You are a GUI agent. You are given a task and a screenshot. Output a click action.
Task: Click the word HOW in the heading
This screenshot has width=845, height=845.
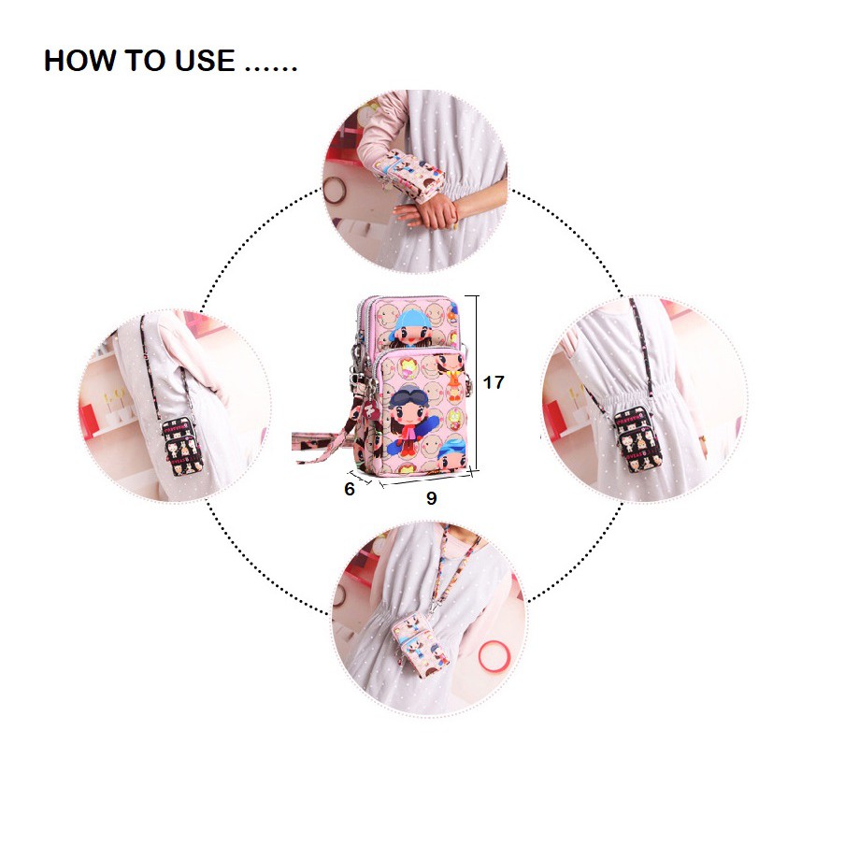80,61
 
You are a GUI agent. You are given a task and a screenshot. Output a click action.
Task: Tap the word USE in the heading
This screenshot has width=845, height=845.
205,61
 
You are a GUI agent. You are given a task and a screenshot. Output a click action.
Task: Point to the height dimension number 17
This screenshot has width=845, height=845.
494,382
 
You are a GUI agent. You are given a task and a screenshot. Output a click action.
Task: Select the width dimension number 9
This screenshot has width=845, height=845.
431,498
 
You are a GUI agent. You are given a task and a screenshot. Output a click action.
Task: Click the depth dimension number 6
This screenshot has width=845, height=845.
350,489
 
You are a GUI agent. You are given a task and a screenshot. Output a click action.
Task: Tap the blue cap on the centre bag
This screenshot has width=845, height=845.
410,319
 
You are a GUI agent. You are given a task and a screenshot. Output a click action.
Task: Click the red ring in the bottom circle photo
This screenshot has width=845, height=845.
494,656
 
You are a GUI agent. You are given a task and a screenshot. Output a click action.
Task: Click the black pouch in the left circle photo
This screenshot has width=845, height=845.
182,446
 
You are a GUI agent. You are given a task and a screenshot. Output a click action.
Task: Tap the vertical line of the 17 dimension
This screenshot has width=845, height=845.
477,385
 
